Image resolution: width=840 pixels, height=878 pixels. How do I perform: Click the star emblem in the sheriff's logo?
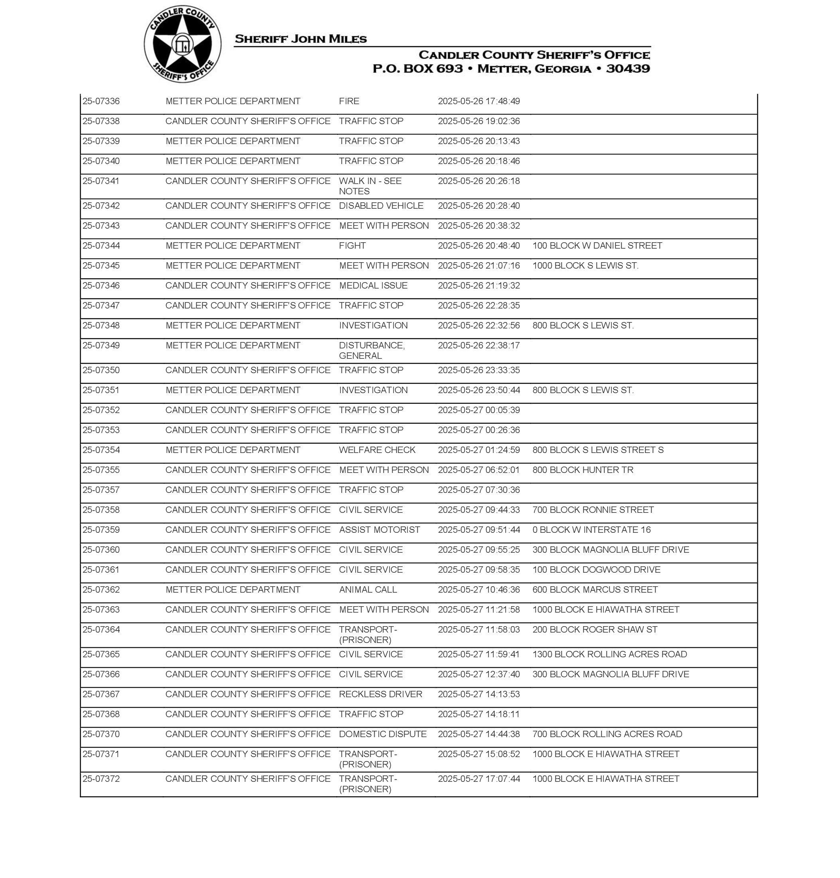(x=182, y=44)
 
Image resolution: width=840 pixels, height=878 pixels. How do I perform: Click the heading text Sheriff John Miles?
(x=300, y=39)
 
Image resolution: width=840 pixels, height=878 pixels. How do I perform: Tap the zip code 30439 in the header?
(x=628, y=69)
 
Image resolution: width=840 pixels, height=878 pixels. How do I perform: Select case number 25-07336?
(x=101, y=101)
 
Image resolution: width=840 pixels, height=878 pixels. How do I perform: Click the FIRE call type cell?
(x=349, y=101)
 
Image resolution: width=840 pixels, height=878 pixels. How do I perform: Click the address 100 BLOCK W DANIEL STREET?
(x=597, y=246)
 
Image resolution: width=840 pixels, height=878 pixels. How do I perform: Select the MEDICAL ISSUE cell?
(x=373, y=286)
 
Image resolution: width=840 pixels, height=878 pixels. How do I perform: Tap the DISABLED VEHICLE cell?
(x=381, y=206)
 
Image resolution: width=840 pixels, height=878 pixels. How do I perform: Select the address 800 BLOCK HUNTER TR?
(x=583, y=470)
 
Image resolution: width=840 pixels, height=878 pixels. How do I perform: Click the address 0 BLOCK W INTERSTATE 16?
(x=591, y=530)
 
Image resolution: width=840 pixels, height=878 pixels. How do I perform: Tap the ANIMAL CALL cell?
(x=368, y=590)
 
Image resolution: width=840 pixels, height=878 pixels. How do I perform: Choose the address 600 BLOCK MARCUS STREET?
(x=595, y=590)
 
